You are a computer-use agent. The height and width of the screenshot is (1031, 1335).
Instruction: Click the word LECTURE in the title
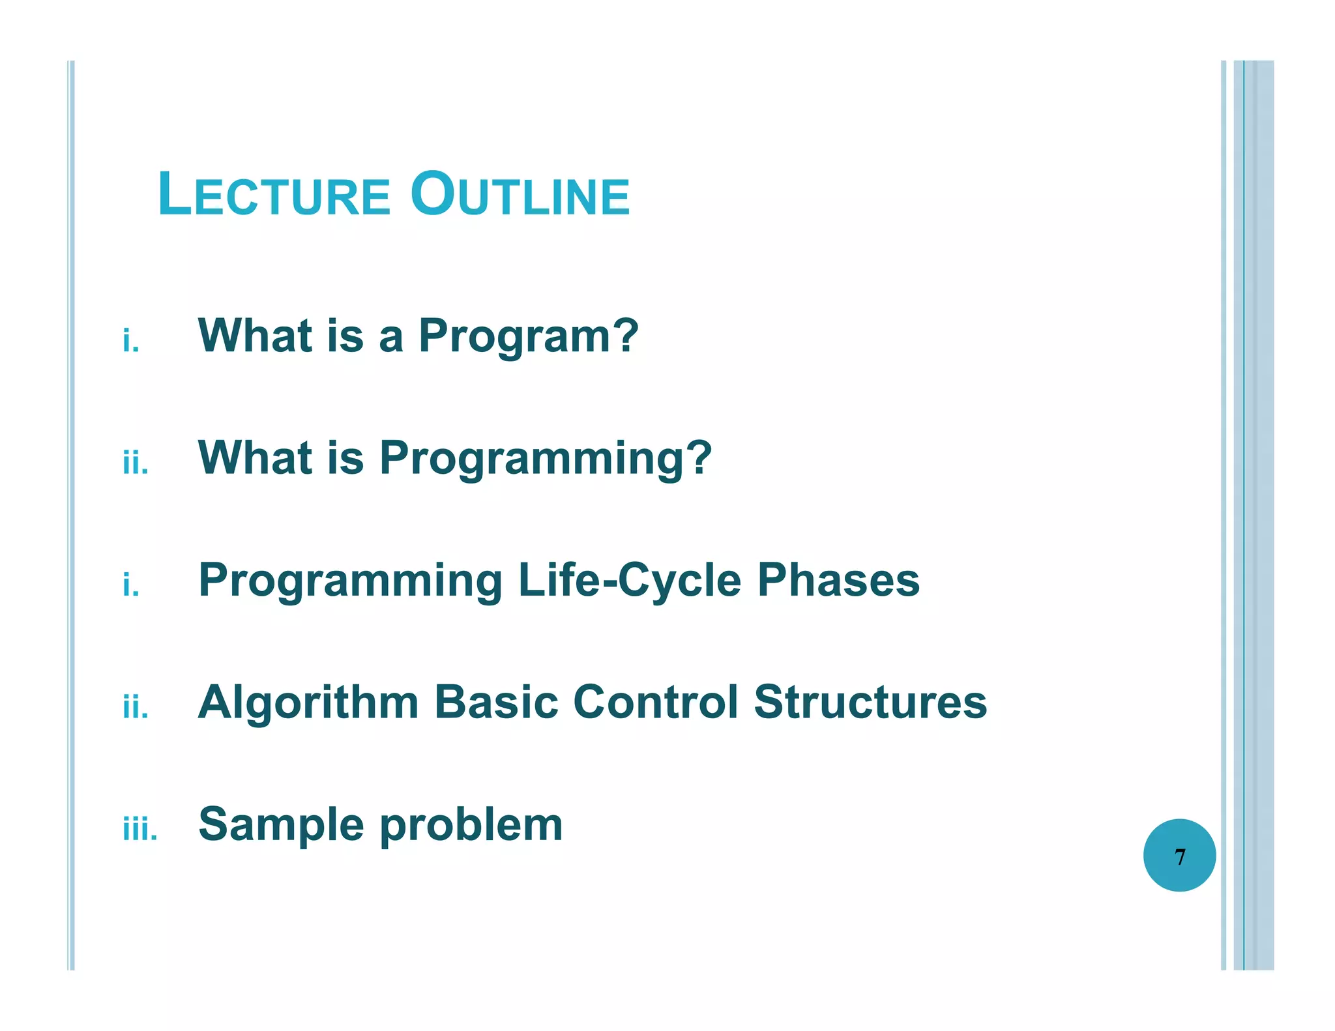[274, 194]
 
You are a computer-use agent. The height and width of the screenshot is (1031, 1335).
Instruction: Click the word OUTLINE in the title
[520, 194]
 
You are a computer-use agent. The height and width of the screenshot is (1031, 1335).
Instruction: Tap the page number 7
[1179, 856]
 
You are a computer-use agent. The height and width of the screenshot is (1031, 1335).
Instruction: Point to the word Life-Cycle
[629, 581]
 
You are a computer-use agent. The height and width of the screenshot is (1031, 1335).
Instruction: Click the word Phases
[838, 579]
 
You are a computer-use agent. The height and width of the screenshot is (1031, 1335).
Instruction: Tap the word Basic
[496, 702]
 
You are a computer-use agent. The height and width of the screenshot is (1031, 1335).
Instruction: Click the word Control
[656, 702]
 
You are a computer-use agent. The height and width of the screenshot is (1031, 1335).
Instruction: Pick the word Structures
[870, 702]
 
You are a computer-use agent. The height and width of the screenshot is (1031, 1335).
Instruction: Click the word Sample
[282, 825]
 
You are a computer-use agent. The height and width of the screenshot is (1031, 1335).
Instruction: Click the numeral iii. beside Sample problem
[140, 829]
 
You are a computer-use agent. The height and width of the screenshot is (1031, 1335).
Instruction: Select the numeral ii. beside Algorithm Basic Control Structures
[136, 707]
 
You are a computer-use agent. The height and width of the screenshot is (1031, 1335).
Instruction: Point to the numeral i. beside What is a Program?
[131, 341]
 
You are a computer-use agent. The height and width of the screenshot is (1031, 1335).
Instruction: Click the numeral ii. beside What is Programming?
[136, 463]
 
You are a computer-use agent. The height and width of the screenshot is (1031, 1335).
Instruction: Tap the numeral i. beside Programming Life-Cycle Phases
[131, 585]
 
